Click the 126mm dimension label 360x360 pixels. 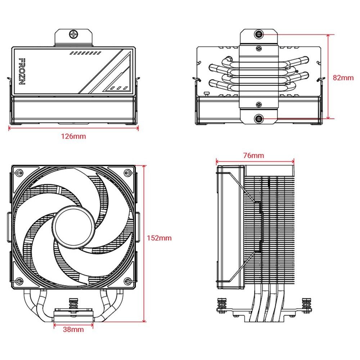73,136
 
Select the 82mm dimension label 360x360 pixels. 343,77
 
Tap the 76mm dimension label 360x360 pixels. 253,156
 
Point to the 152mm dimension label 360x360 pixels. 159,238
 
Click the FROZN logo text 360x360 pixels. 22,71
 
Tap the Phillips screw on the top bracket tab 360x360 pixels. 74,35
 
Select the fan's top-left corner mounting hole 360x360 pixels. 19,173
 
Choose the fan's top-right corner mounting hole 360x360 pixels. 127,173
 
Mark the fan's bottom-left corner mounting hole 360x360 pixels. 19,281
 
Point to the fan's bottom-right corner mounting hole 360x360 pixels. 127,281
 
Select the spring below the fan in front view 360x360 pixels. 74,304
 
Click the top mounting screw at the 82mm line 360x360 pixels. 258,35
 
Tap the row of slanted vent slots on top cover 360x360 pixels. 85,53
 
